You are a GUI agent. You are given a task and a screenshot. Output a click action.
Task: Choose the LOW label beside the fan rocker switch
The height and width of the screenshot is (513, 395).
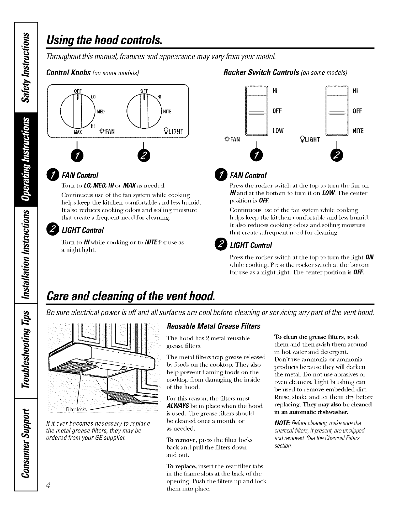(278, 131)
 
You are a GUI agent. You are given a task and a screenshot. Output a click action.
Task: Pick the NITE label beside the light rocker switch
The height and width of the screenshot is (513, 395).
(358, 131)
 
